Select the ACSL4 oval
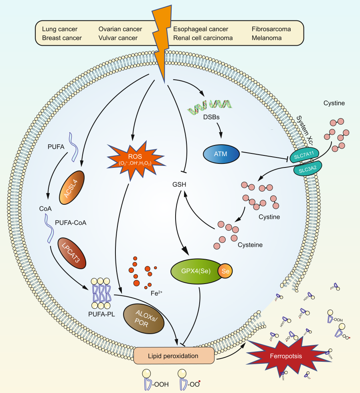click(73, 186)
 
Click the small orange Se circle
click(225, 272)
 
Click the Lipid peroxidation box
click(174, 355)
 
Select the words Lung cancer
click(60, 29)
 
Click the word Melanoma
click(267, 38)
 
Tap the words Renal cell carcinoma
click(203, 38)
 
